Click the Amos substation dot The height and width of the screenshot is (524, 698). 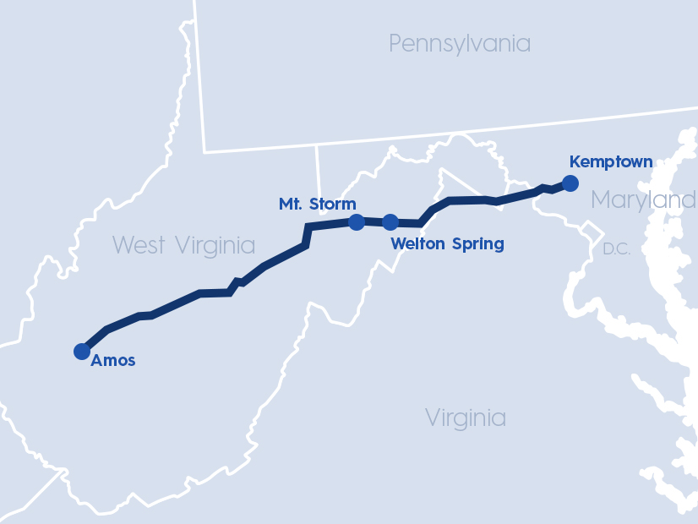pos(82,351)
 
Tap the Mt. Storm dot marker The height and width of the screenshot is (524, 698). pos(357,222)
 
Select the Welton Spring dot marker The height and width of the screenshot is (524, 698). pos(390,222)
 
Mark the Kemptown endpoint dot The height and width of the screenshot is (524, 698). pos(570,183)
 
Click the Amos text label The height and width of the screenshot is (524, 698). pos(113,361)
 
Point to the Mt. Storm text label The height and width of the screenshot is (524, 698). pos(317,204)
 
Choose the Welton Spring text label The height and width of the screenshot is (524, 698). pos(447,244)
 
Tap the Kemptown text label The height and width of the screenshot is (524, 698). pos(611,161)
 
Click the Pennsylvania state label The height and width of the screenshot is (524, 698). pos(460,43)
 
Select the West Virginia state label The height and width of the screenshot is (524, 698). pos(183,245)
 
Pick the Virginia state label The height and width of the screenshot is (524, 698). pos(466,418)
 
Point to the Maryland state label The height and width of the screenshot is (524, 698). pos(643,200)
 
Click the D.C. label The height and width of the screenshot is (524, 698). pos(617,249)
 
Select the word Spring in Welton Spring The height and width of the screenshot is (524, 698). pos(477,244)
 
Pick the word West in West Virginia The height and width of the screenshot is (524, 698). pos(140,245)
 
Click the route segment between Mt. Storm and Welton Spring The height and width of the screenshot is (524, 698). pos(374,222)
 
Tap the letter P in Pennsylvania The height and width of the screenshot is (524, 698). pos(395,43)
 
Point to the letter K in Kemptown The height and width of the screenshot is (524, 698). pos(575,161)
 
